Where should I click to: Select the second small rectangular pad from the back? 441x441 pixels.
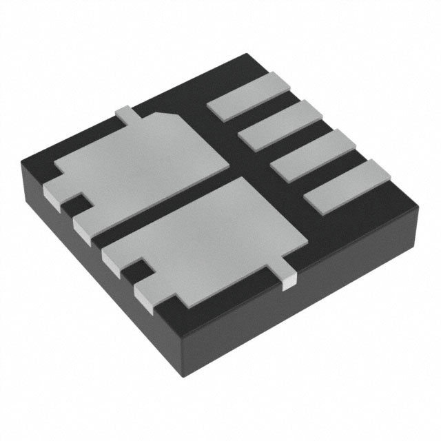tap(282, 125)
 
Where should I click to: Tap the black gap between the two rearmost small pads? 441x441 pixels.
tap(265, 113)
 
